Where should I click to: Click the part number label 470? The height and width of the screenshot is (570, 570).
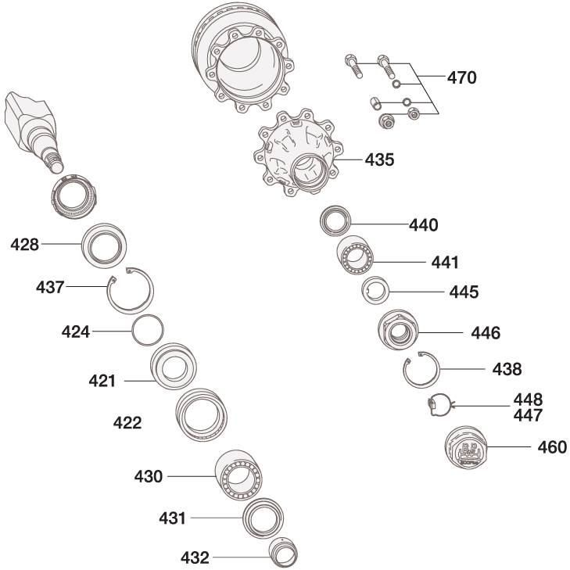tap(461, 78)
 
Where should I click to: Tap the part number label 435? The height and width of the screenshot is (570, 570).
tap(379, 160)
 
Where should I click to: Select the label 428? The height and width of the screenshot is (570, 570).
tap(24, 245)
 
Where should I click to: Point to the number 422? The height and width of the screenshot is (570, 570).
tap(127, 423)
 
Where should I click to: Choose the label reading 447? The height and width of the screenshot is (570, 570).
tap(528, 414)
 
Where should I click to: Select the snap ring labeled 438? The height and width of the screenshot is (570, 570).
tap(422, 369)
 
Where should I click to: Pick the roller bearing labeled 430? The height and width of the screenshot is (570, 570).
tap(238, 475)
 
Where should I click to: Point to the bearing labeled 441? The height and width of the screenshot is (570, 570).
tap(357, 256)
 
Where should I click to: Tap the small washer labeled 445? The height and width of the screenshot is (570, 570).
tap(375, 293)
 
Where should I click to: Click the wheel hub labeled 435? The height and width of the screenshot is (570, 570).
tap(296, 156)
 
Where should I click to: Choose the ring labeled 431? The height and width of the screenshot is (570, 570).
tap(262, 518)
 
